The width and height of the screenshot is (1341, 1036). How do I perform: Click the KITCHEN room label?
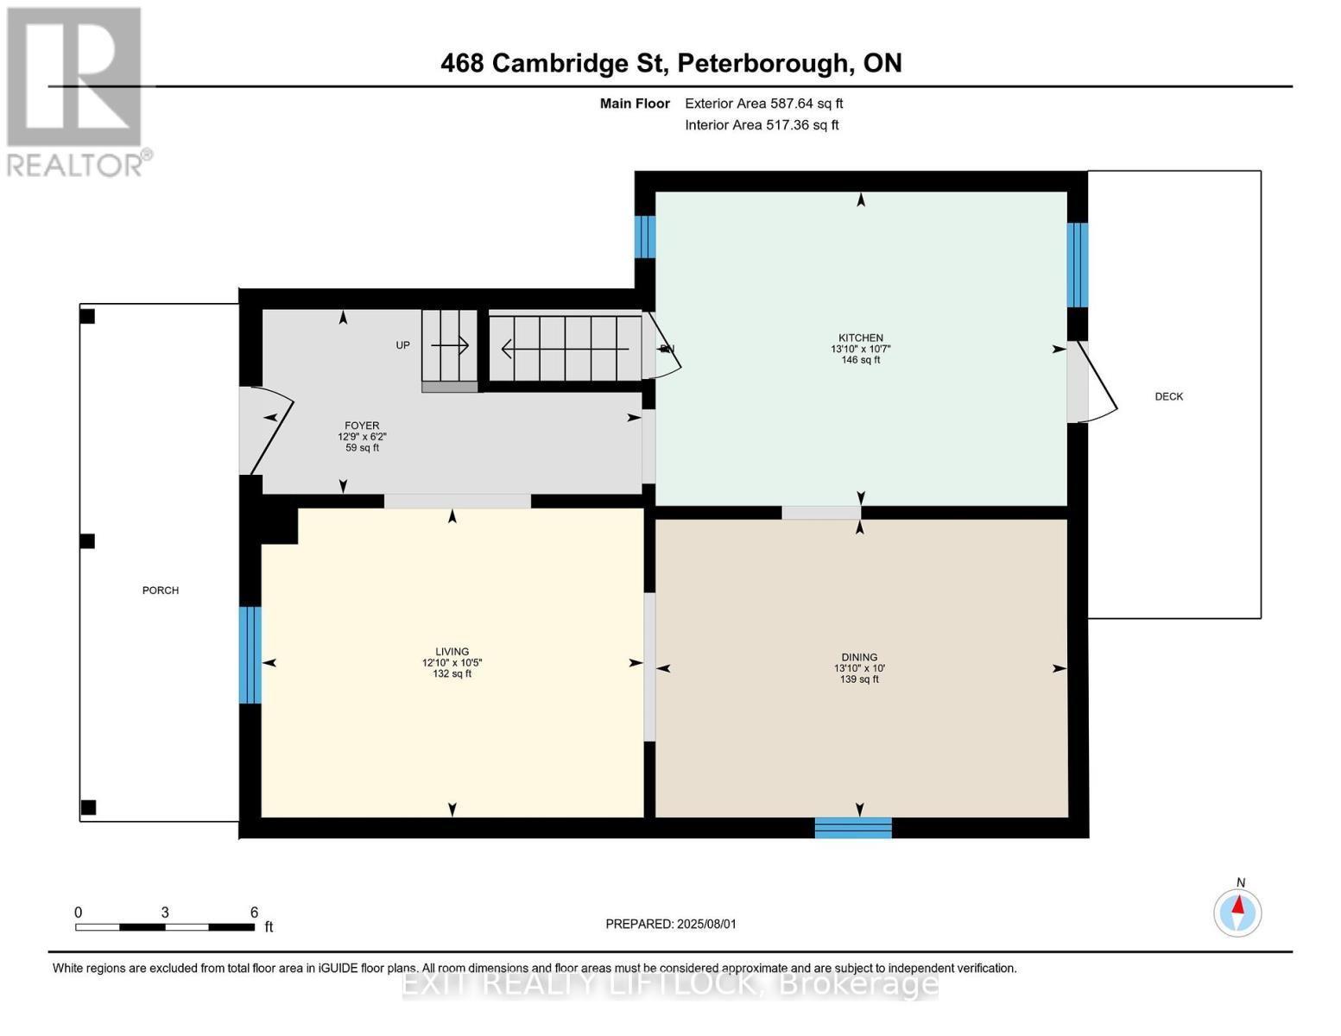[860, 338]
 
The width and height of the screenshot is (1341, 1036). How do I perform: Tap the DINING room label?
[858, 657]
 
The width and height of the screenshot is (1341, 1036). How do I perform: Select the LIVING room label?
[452, 652]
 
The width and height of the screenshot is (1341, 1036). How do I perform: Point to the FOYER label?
[362, 426]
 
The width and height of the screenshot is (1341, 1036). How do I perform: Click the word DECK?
[1168, 396]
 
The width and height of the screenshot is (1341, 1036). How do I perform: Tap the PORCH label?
[161, 591]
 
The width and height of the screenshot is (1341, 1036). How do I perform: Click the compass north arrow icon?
[1237, 912]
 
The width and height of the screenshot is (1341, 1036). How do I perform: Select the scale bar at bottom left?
[164, 926]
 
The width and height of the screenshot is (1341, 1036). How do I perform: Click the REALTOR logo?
[75, 91]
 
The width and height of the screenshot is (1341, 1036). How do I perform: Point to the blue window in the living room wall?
[250, 654]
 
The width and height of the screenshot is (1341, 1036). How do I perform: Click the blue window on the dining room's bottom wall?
[853, 828]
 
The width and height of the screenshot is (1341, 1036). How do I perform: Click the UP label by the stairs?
[402, 345]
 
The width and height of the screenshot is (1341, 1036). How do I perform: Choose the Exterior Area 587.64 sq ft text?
[763, 104]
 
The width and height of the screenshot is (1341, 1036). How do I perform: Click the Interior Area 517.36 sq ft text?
[762, 125]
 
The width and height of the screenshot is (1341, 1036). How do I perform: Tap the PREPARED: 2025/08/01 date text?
[670, 924]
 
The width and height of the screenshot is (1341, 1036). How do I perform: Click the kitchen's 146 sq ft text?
[860, 360]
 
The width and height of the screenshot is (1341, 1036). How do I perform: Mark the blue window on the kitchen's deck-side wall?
[1077, 265]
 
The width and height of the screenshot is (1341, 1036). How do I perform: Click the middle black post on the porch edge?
[87, 541]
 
